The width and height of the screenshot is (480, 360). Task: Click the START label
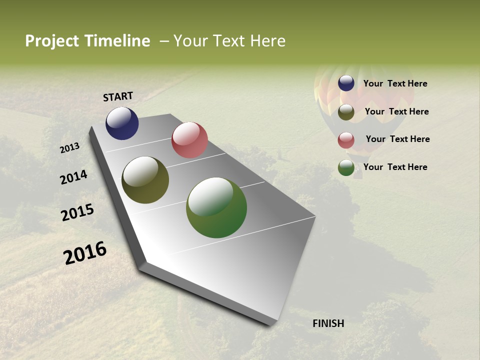118,96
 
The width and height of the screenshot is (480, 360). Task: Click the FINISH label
328,323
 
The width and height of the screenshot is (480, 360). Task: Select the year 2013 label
70,148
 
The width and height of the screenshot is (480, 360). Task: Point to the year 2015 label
77,212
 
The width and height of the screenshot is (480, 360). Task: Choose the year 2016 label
85,253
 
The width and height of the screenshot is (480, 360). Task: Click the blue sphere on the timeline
122,123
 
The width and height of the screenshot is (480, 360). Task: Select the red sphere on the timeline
189,140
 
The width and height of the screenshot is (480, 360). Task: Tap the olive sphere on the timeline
145,180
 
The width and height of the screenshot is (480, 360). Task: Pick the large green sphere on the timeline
216,207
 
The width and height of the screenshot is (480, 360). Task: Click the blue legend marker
346,83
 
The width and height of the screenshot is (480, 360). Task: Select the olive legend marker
346,112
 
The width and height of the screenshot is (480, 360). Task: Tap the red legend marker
346,140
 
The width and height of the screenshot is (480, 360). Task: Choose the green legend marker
346,167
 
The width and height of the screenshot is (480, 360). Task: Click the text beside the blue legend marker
395,84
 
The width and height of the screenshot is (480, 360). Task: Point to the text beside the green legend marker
395,167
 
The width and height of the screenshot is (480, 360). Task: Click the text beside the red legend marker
397,139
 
